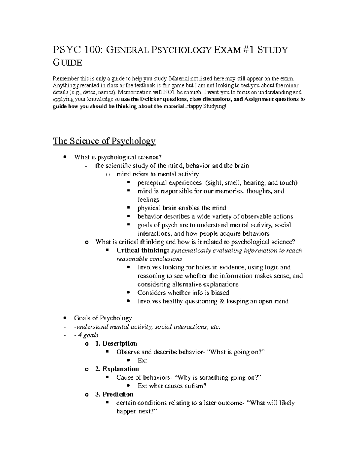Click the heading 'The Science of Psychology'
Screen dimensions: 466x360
click(x=104, y=141)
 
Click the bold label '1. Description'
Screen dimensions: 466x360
click(x=116, y=344)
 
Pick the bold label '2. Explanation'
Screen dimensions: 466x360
click(x=117, y=369)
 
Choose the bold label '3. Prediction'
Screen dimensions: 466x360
click(x=114, y=394)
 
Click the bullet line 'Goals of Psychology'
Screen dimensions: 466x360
click(x=103, y=318)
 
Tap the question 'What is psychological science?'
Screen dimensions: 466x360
click(x=118, y=157)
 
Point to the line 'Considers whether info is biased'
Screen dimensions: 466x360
click(x=183, y=293)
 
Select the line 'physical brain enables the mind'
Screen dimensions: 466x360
click(x=182, y=208)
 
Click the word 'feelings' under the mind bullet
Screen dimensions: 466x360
click(x=148, y=200)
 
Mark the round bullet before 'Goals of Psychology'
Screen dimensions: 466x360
click(x=65, y=318)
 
